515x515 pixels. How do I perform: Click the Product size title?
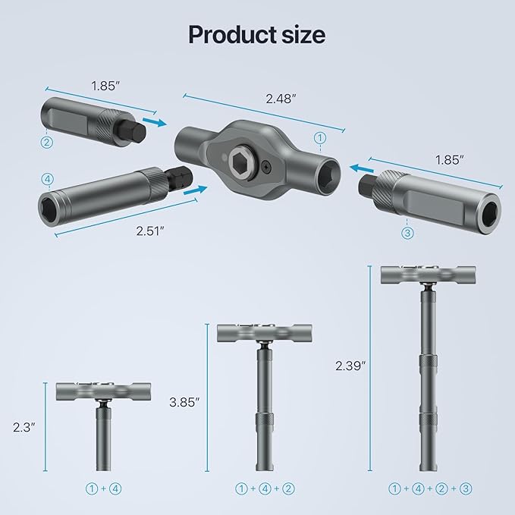point(257,34)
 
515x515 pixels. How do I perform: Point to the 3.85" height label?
point(185,402)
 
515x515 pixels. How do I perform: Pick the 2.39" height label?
point(350,366)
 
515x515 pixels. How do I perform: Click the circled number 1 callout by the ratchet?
point(320,138)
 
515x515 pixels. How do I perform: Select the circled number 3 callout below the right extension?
point(407,234)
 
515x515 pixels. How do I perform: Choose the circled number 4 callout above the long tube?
point(49,179)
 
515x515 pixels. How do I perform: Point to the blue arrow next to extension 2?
point(154,121)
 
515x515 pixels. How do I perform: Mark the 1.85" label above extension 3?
point(450,160)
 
